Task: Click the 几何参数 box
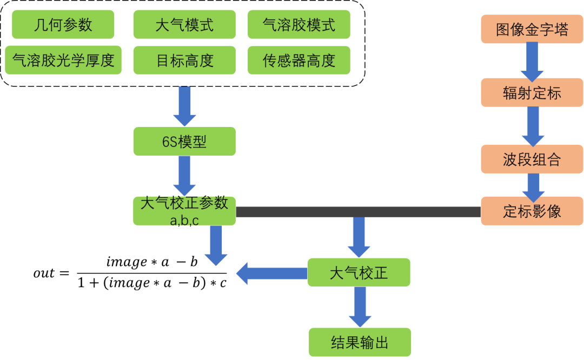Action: point(63,25)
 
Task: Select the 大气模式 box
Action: point(184,25)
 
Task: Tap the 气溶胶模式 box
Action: point(298,25)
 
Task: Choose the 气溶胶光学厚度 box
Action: point(63,60)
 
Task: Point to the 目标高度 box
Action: point(184,60)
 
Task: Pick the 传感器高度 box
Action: point(298,60)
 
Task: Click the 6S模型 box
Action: point(184,142)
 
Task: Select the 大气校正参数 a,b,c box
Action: point(184,211)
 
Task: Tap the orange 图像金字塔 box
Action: point(532,29)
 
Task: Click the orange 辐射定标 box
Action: point(532,92)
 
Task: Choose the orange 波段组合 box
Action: point(532,159)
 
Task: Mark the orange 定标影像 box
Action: point(532,211)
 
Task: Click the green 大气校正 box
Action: point(359,272)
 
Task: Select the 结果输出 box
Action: point(360,342)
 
